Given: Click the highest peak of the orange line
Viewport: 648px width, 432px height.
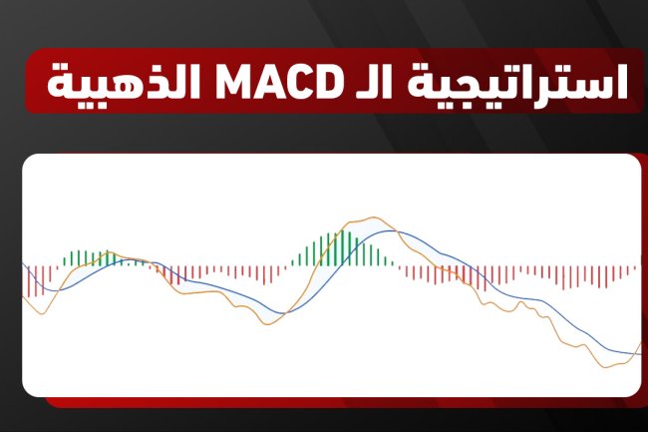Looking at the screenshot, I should (x=375, y=218).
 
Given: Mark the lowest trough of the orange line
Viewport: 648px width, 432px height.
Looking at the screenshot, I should (x=605, y=367).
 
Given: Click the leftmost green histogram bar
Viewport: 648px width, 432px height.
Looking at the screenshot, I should (x=64, y=260).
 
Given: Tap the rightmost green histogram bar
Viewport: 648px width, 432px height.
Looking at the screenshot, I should (x=395, y=264).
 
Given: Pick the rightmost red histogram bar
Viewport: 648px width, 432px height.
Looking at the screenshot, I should (x=635, y=268).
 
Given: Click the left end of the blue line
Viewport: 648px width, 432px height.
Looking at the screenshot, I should (x=23, y=264).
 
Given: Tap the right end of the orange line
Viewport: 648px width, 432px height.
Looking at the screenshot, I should (x=640, y=343).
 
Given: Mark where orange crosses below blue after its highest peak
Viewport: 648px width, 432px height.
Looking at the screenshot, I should (x=396, y=231).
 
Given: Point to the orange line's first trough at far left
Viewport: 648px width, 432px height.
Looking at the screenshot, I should (x=40, y=313).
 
